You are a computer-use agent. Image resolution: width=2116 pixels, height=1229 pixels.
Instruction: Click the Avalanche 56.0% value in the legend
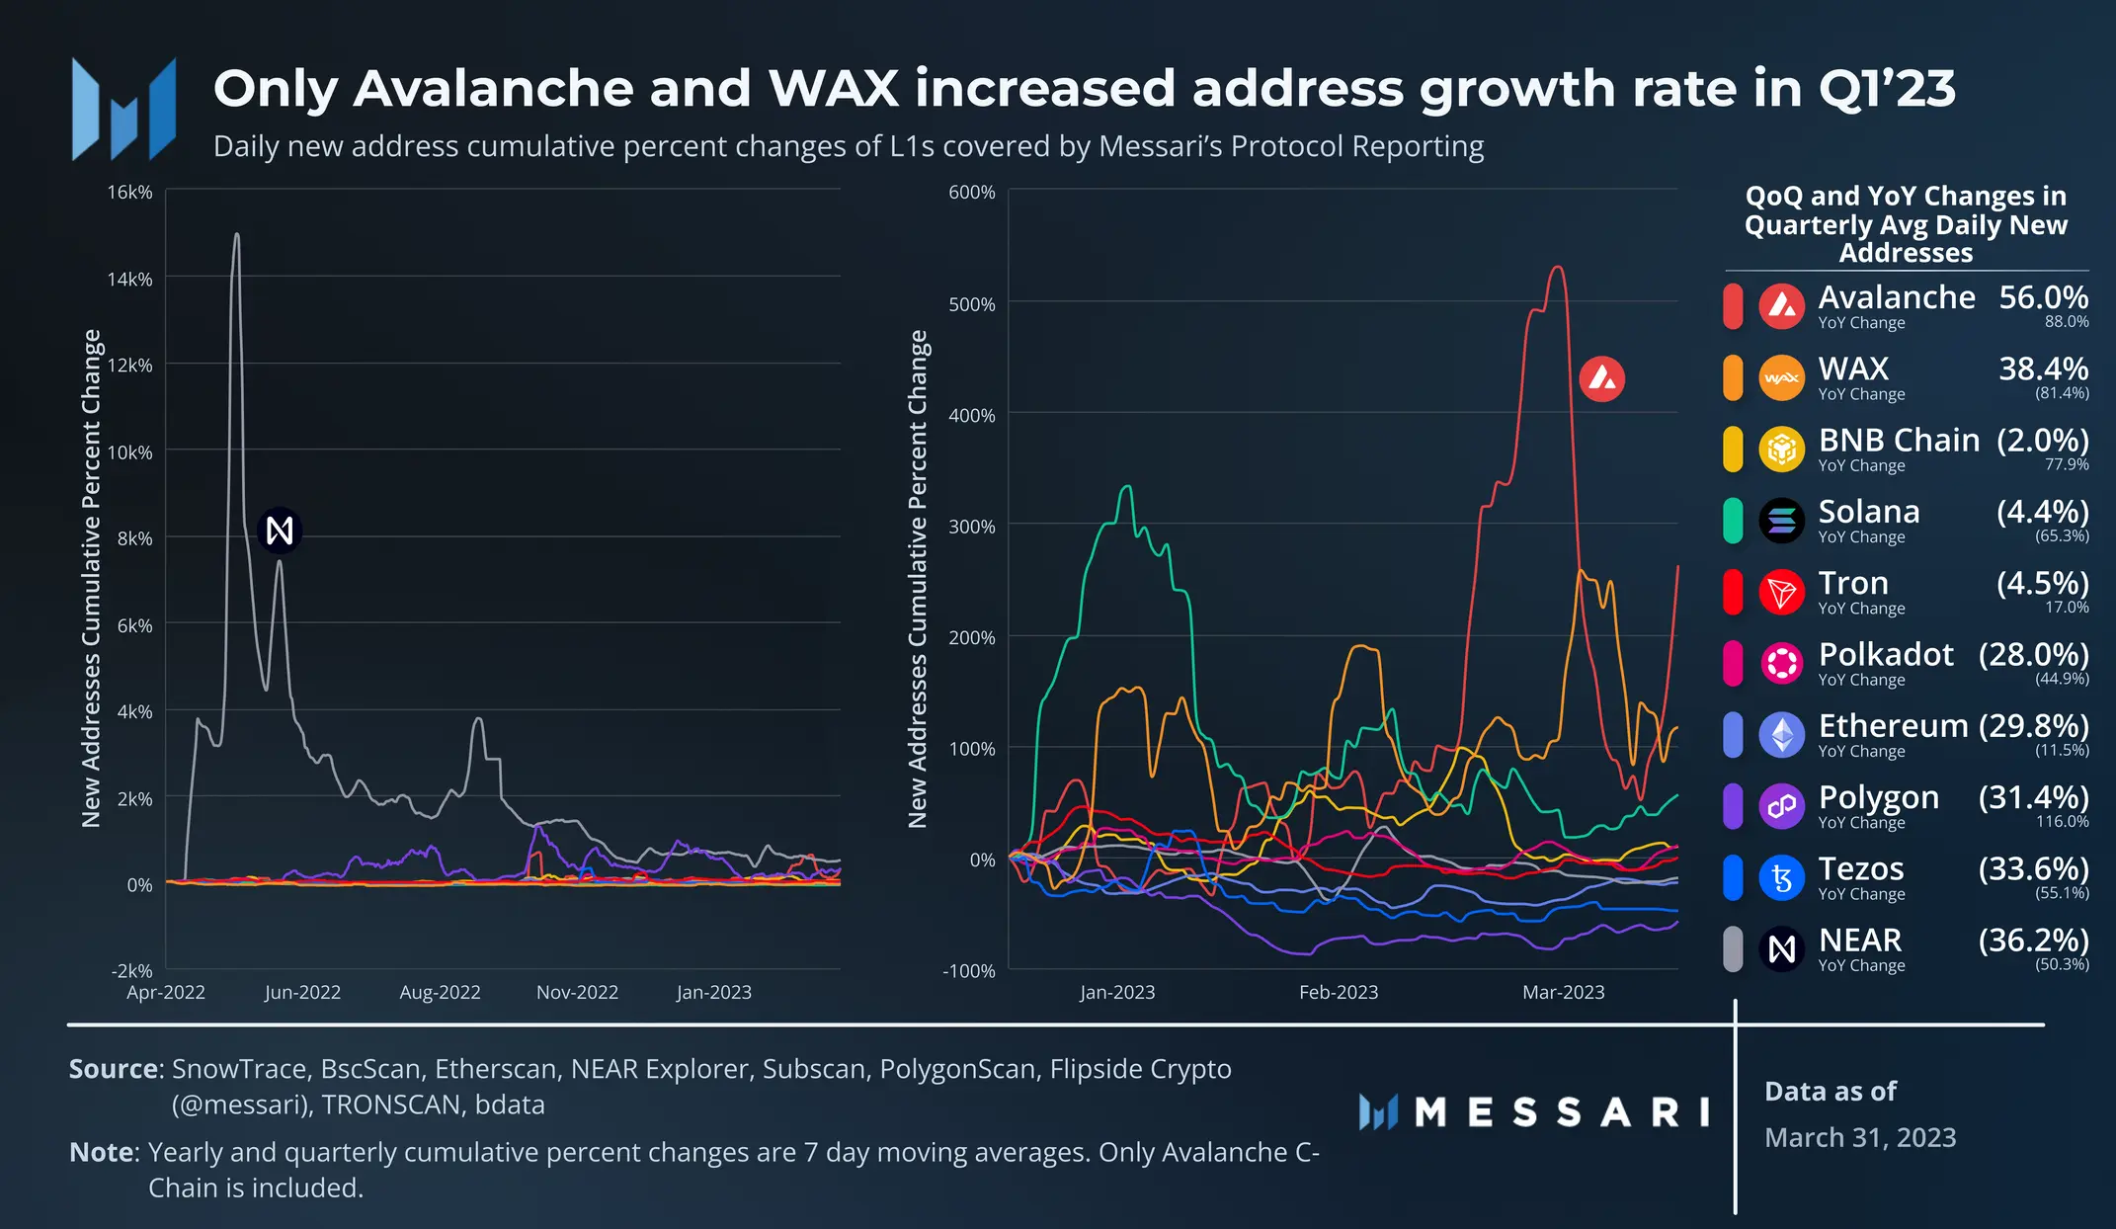coord(2043,297)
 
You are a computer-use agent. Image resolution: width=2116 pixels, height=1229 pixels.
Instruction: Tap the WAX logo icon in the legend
coord(1781,378)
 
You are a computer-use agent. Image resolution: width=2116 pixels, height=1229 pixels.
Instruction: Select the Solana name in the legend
coord(1869,512)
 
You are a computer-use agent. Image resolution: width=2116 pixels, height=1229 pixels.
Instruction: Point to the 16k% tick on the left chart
coord(129,192)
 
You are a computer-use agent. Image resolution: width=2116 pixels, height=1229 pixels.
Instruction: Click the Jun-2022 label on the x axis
coord(302,992)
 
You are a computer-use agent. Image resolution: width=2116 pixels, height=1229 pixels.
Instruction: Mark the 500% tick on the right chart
coord(971,304)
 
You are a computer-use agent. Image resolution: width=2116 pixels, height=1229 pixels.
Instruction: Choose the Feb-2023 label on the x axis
coord(1338,992)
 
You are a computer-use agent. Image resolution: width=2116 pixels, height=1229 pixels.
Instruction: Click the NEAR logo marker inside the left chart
coord(280,531)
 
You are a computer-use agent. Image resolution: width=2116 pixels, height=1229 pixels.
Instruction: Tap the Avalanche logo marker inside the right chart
coord(1601,378)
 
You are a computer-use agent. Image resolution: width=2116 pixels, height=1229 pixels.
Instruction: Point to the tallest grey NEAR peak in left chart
coord(236,235)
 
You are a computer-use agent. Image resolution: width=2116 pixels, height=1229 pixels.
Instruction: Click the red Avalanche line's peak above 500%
coord(1558,267)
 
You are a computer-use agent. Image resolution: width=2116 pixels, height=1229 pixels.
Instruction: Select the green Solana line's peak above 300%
coord(1126,486)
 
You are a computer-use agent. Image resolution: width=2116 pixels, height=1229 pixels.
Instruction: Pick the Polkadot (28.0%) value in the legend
coord(2033,654)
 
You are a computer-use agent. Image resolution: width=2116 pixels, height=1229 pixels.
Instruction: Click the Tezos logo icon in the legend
coord(1781,877)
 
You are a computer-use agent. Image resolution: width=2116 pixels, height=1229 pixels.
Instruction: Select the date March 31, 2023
coord(1860,1137)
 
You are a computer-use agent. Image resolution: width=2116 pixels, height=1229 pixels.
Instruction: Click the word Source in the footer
coord(114,1069)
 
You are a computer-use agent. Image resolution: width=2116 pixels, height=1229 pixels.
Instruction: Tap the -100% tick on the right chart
coord(968,971)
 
